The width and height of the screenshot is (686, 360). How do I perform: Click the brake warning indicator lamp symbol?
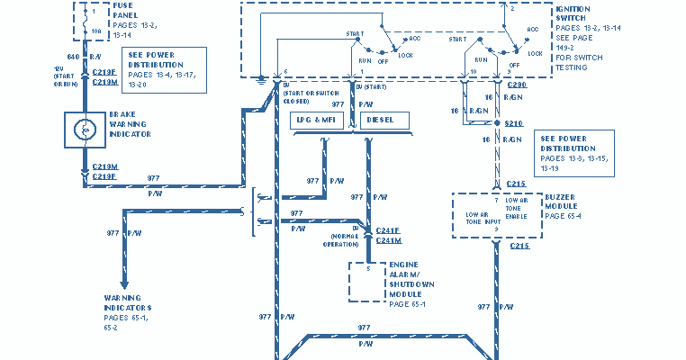coord(86,130)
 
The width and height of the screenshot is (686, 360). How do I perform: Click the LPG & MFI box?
coord(321,120)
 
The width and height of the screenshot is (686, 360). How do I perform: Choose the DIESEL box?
coord(384,120)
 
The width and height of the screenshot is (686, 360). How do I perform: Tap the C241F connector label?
coord(388,229)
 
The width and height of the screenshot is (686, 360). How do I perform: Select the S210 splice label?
coord(513,122)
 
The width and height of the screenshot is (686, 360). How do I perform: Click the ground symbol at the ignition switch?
coord(260,78)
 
